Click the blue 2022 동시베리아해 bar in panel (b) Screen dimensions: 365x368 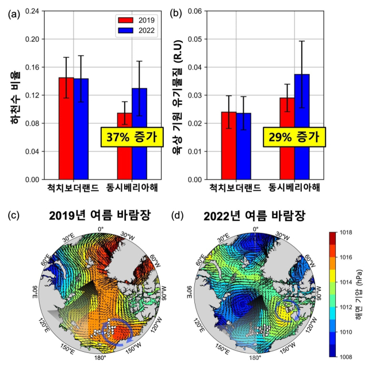(x=301, y=126)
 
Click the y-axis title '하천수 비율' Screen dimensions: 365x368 (x=11, y=95)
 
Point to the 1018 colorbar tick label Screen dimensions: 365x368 (x=346, y=232)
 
